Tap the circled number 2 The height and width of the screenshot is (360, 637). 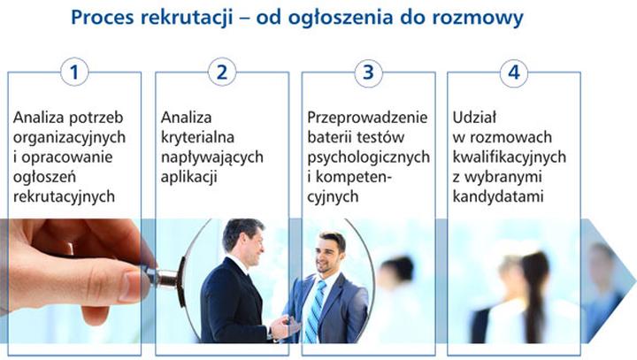[x=221, y=73]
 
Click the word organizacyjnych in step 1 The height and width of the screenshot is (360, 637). [x=70, y=137]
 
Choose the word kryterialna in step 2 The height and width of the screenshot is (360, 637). [x=197, y=137]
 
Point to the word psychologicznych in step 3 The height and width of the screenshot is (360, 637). [x=369, y=157]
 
